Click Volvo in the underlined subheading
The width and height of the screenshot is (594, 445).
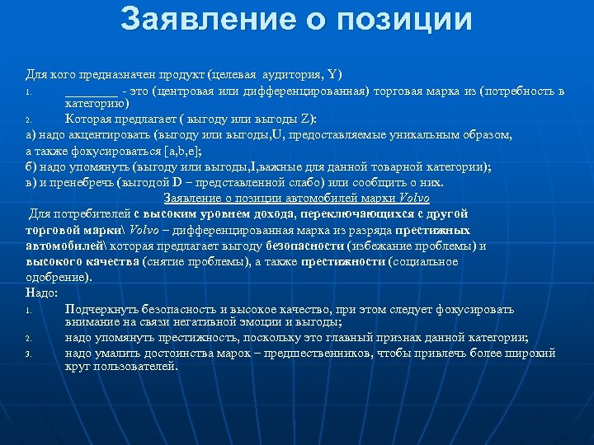point(414,199)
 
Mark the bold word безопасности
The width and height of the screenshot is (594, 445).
point(306,246)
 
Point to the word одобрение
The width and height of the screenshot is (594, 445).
point(53,277)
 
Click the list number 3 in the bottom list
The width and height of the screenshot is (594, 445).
point(28,354)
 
